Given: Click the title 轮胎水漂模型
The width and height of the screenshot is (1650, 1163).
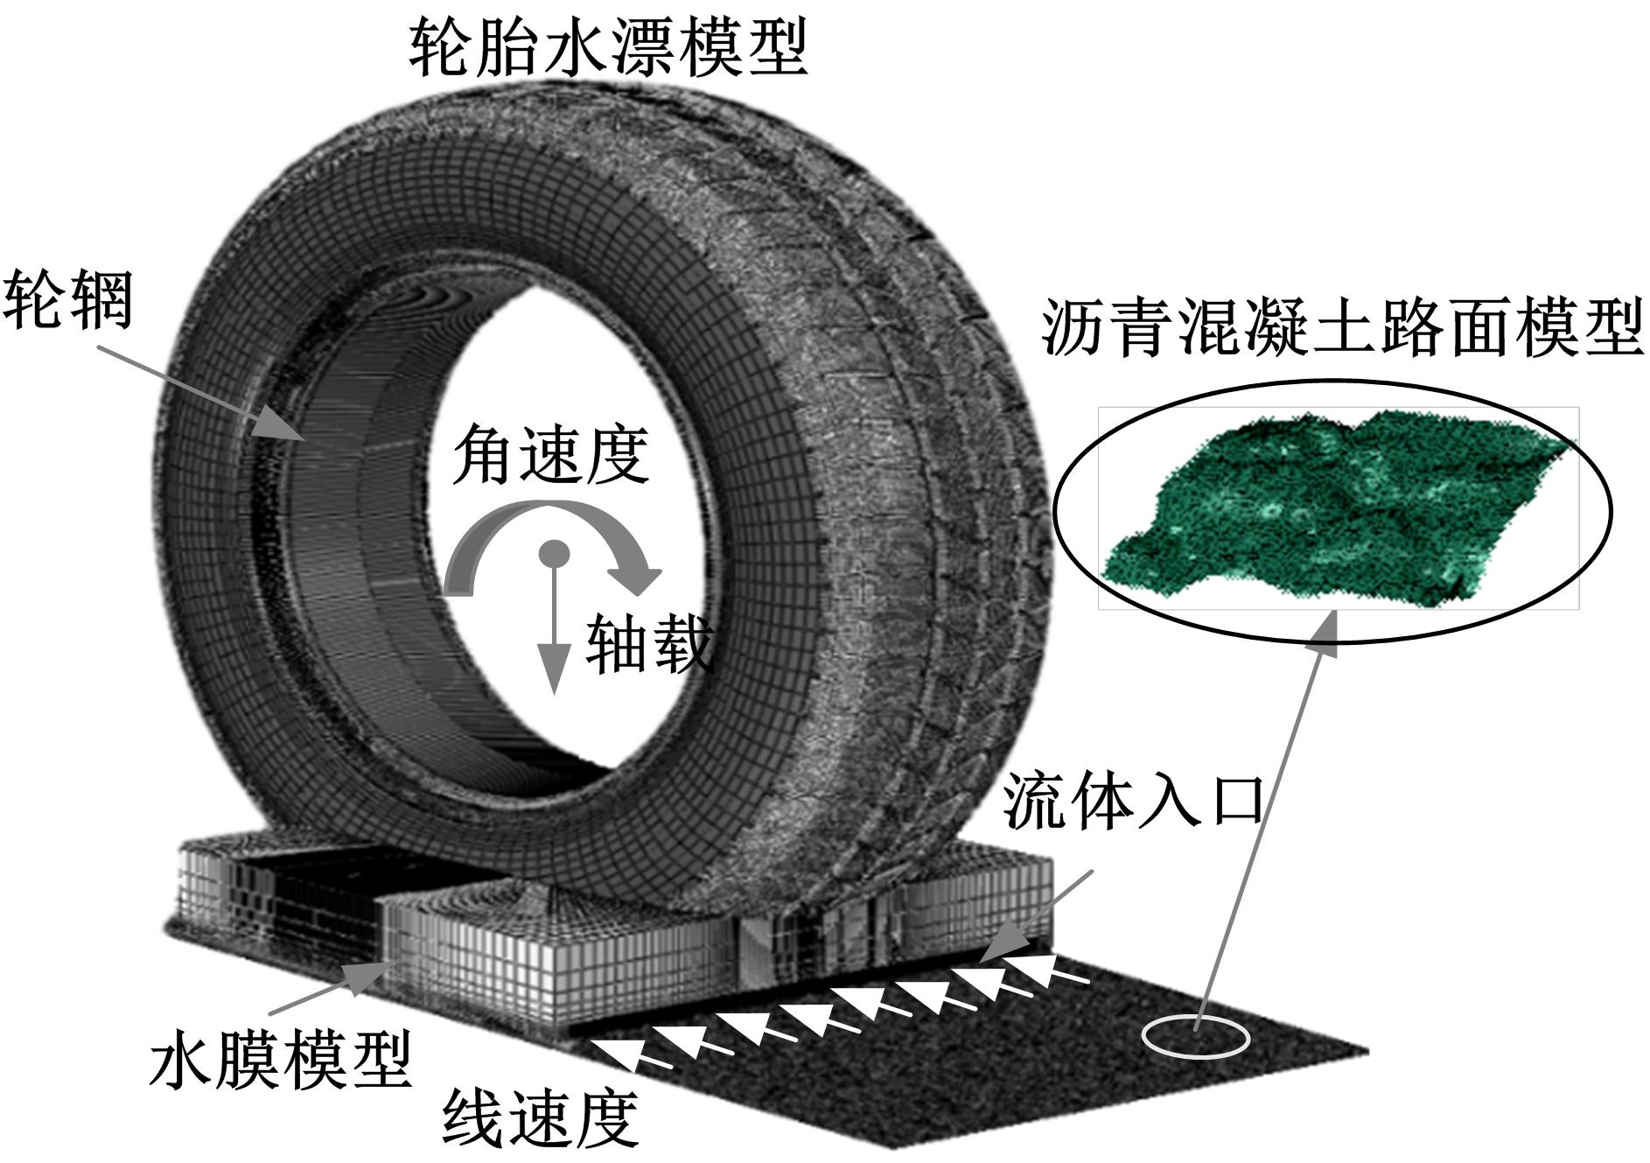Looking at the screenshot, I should pos(608,48).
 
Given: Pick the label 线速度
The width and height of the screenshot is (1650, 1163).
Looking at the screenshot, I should pos(540,1119).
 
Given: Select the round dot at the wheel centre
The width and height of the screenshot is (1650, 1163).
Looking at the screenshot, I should pos(554,553).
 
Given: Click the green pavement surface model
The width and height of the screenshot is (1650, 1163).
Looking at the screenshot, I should pos(1339,508).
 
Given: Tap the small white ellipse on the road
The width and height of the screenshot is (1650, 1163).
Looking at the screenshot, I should pos(1196,1036).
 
